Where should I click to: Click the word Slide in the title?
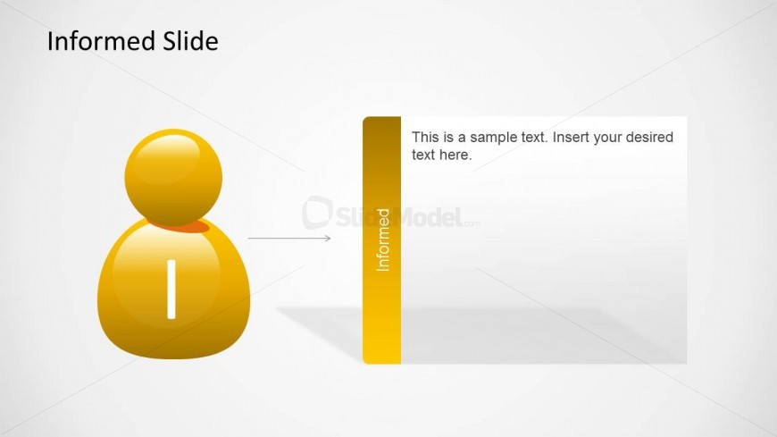[191, 41]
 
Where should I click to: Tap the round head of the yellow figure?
[173, 178]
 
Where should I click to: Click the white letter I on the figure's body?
[171, 290]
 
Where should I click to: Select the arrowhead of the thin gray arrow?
[328, 239]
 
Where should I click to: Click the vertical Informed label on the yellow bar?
[382, 240]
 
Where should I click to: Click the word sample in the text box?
[494, 137]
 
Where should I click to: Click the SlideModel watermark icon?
[317, 213]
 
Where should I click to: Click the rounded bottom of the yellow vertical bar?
[381, 358]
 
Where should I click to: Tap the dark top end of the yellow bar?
[381, 124]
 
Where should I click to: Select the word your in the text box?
[604, 138]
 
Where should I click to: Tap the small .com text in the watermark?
[472, 223]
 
